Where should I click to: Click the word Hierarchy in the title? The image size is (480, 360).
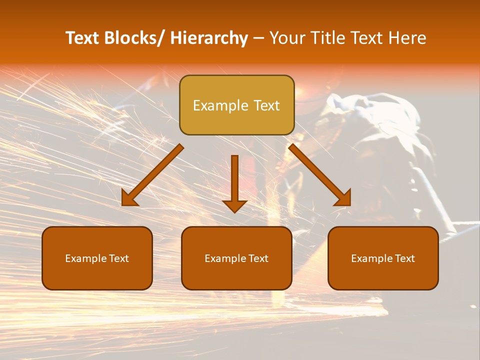(209, 38)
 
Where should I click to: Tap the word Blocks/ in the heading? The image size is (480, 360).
(134, 38)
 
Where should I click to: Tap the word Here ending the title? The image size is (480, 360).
(407, 38)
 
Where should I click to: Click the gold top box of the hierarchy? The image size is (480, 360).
(236, 105)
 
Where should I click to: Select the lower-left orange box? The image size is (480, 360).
(97, 258)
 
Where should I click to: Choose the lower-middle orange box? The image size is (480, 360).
(236, 258)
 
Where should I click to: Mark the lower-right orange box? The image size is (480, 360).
(383, 258)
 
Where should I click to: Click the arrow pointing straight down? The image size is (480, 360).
(234, 180)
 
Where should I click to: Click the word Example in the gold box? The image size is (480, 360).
(220, 105)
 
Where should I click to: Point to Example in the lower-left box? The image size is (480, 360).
(86, 258)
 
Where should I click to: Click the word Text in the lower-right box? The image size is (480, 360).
(404, 258)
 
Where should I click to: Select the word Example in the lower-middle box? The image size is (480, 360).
(225, 258)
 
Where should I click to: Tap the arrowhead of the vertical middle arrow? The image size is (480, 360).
(234, 206)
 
